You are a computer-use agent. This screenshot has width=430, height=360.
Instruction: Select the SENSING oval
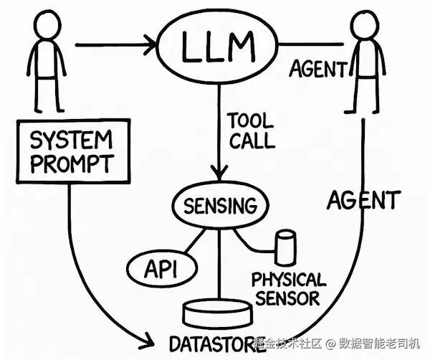pos(219,207)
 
